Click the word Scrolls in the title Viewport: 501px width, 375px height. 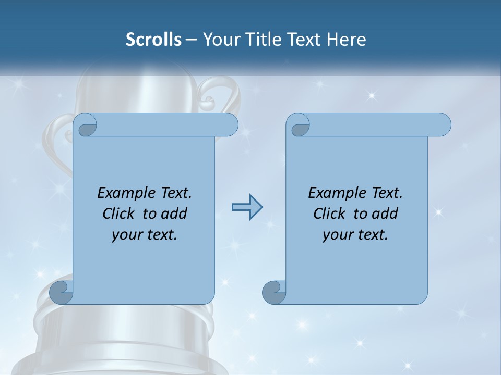coord(154,40)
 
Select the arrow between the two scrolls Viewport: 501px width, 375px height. coord(247,208)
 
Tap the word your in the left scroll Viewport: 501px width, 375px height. coord(126,235)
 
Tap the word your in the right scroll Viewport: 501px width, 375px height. coord(337,235)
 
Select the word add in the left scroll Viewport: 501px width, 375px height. coord(175,214)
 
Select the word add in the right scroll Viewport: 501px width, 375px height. coord(386,214)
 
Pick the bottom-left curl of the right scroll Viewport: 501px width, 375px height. coord(274,292)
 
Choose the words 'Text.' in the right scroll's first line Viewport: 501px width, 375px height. coord(387,193)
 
